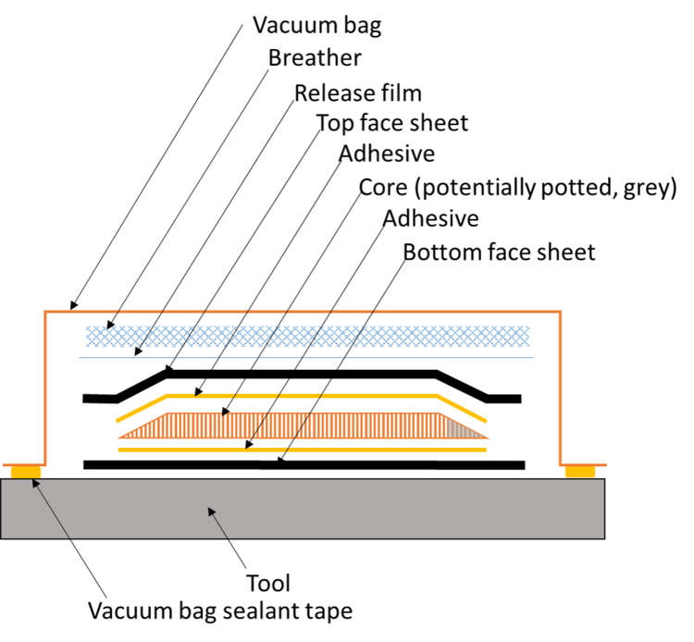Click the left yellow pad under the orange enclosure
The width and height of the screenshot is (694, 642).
[x=25, y=472]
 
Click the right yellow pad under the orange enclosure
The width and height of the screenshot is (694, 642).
[x=580, y=472]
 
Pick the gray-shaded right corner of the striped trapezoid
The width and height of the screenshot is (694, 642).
[x=463, y=429]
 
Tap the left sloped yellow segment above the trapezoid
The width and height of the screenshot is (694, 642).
[x=141, y=408]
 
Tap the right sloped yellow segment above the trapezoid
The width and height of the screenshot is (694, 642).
[x=463, y=408]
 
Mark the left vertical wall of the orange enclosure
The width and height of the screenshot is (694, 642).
[x=44, y=389]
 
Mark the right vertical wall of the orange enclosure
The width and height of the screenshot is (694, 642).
[x=560, y=389]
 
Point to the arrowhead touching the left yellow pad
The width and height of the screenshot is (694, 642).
[x=34, y=481]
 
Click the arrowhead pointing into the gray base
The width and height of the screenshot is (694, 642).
[x=210, y=510]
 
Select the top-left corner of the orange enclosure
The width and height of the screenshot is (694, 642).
[x=44, y=313]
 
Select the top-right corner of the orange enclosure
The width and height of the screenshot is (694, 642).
[x=560, y=313]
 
